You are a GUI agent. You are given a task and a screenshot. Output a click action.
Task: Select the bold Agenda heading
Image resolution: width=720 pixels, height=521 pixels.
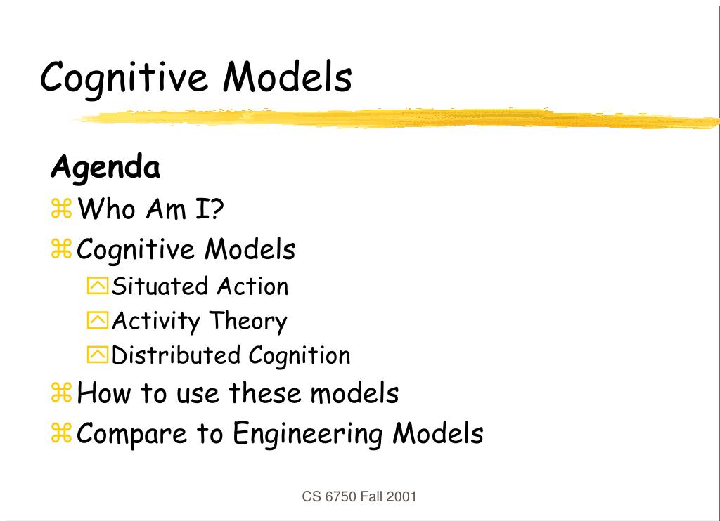pos(105,169)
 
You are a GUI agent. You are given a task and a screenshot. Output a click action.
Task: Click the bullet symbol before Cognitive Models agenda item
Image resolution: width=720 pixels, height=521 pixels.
pos(62,249)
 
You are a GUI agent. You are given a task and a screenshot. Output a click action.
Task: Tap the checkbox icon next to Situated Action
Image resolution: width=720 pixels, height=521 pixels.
pos(98,286)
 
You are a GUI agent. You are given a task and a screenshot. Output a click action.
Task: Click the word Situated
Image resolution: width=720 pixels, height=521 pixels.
pos(160,286)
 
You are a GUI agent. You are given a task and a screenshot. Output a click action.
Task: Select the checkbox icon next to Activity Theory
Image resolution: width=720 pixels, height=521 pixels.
pos(98,321)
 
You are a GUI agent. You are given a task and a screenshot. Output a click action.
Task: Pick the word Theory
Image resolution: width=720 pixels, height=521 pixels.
pos(248,322)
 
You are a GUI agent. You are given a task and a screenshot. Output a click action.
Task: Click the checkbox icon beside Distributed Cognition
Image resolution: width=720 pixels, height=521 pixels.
pos(98,355)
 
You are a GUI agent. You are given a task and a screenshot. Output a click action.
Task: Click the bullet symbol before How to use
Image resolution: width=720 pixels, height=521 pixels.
pos(62,393)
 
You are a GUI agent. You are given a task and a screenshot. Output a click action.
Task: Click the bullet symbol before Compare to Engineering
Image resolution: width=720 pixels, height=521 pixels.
pos(62,433)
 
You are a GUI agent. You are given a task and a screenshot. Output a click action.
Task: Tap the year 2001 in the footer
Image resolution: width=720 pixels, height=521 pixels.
pos(402,497)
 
